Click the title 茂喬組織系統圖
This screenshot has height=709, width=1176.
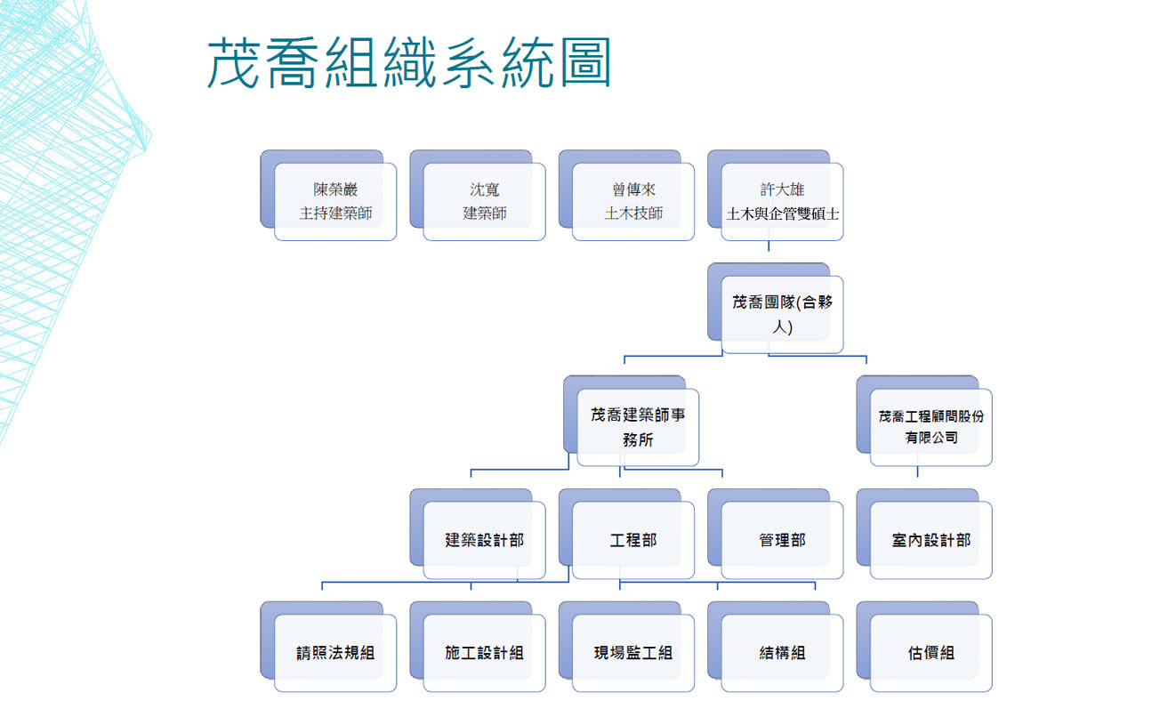click(409, 62)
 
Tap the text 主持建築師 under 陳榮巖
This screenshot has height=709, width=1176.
click(335, 214)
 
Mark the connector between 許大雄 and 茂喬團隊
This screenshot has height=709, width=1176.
click(769, 250)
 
